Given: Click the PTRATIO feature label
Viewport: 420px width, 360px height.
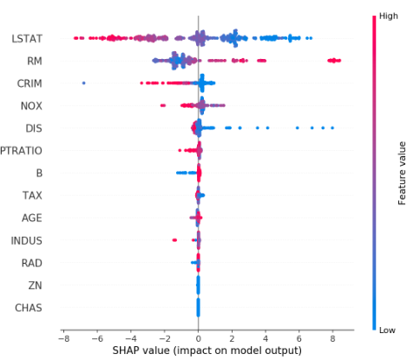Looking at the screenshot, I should [x=23, y=151].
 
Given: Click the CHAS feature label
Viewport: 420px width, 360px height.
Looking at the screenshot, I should [x=31, y=308].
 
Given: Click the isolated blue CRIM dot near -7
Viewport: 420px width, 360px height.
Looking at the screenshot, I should [x=83, y=83].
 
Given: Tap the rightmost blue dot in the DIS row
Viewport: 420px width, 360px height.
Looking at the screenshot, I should [x=331, y=128].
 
